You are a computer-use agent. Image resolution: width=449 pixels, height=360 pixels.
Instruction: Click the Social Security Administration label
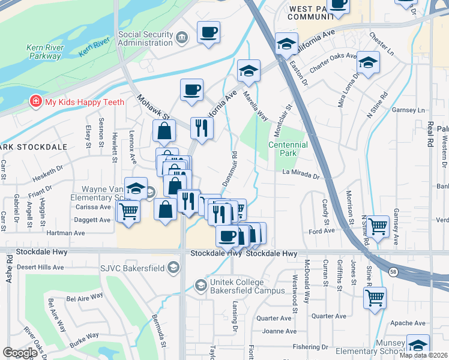[146, 39]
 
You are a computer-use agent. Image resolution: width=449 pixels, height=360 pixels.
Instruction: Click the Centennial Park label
[288, 149]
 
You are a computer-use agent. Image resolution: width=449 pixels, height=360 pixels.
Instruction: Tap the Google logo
[20, 352]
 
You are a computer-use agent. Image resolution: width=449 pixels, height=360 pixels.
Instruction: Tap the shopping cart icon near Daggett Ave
[128, 211]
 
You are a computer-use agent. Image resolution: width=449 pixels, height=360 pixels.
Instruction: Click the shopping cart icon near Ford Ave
[377, 226]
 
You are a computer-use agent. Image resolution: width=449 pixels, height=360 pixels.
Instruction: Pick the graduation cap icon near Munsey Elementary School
[418, 345]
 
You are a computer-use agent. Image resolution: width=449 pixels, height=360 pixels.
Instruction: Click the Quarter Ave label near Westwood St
[329, 316]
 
